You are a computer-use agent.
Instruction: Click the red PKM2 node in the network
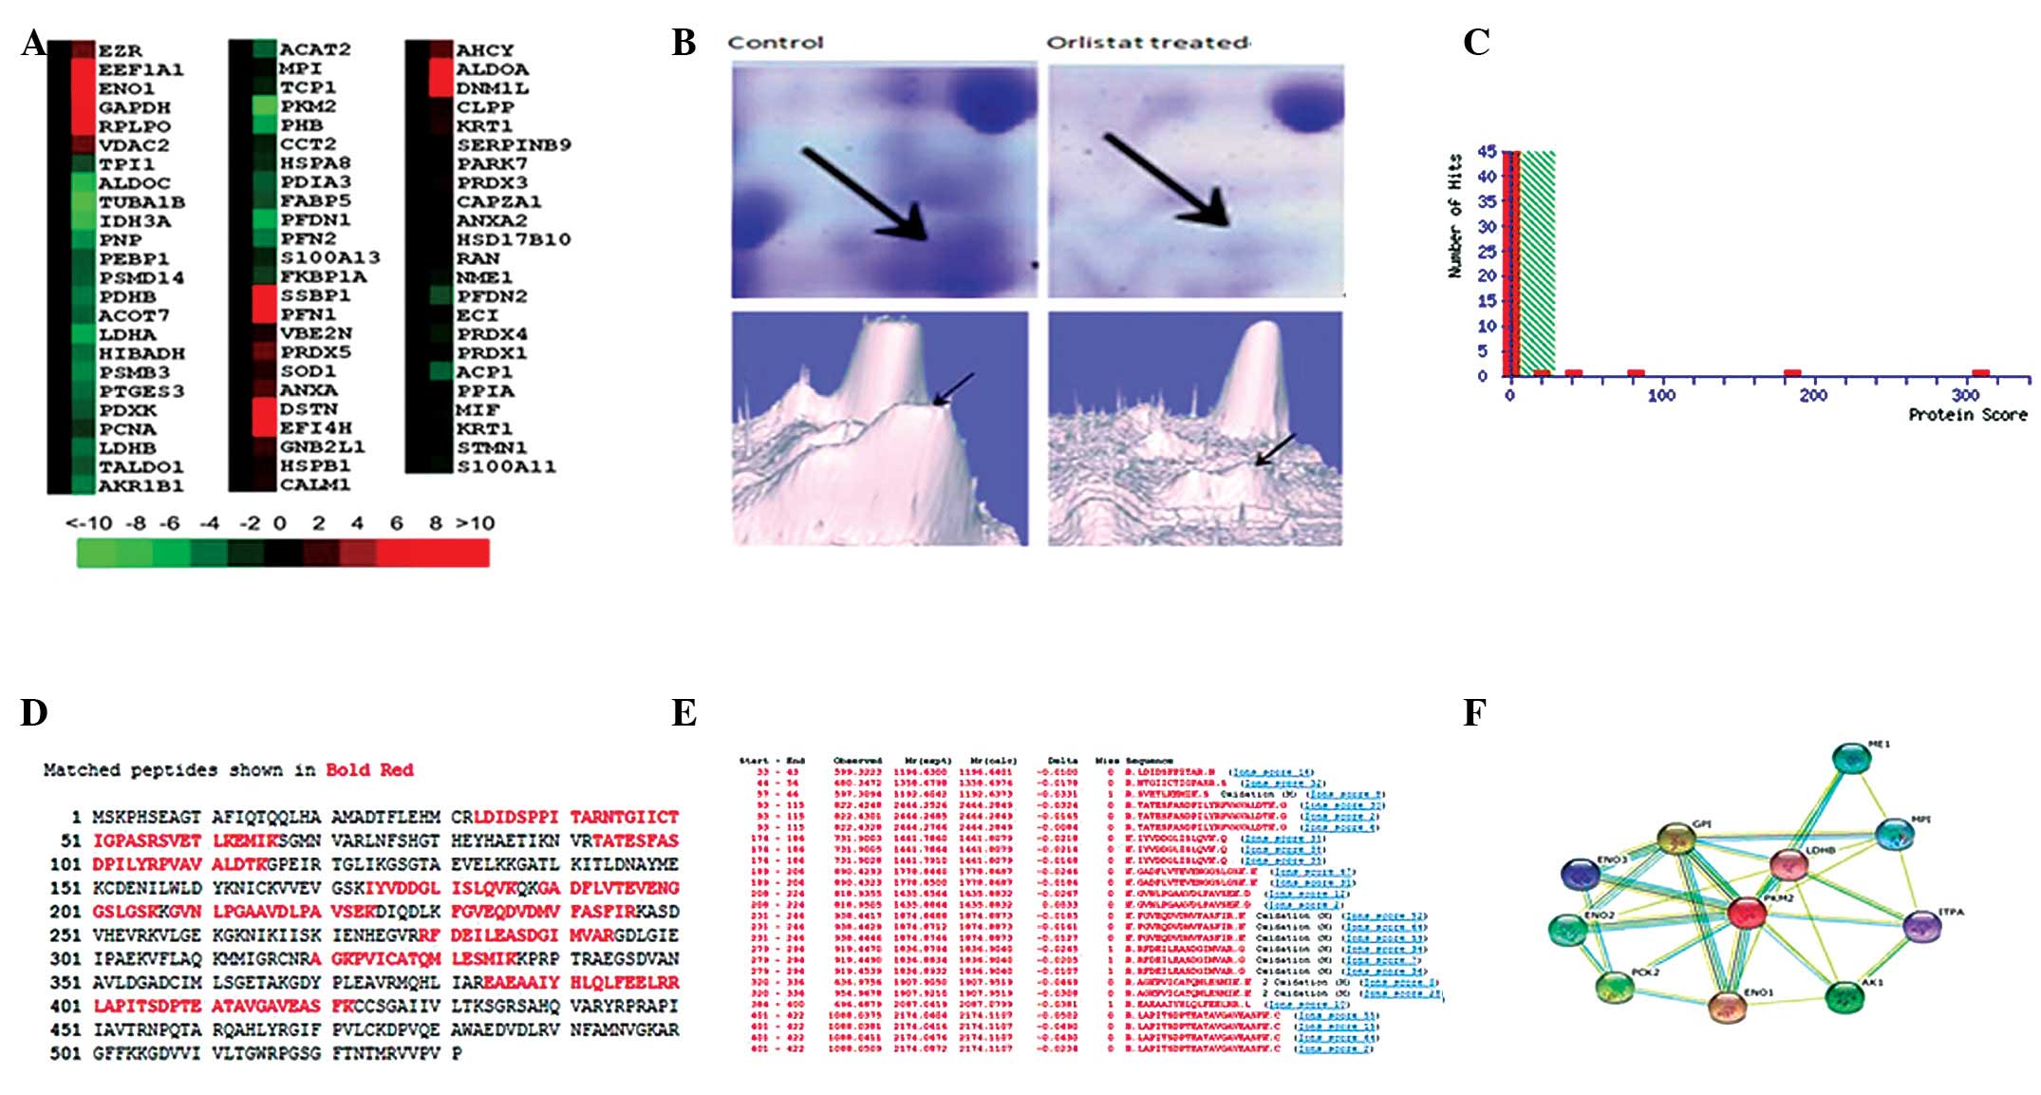pyautogui.click(x=1746, y=913)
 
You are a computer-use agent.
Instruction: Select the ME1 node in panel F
pyautogui.click(x=1850, y=758)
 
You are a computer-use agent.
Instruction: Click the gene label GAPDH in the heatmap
pyautogui.click(x=135, y=107)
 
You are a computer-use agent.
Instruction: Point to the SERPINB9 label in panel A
pyautogui.click(x=514, y=145)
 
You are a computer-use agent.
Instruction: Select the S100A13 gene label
pyautogui.click(x=329, y=257)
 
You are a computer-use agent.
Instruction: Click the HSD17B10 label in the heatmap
pyautogui.click(x=514, y=239)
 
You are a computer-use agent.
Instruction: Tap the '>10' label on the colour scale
pyautogui.click(x=475, y=522)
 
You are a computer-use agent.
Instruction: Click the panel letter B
pyautogui.click(x=683, y=43)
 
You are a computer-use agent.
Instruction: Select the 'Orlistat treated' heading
pyautogui.click(x=1148, y=43)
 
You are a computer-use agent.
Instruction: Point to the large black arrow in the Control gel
pyautogui.click(x=864, y=194)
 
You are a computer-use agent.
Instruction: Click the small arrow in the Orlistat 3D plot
pyautogui.click(x=1275, y=450)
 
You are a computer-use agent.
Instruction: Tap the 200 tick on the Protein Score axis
pyautogui.click(x=1812, y=395)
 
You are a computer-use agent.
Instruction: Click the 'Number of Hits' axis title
pyautogui.click(x=1454, y=217)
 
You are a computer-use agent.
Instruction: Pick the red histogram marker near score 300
pyautogui.click(x=1980, y=373)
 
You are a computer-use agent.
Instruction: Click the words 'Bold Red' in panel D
pyautogui.click(x=369, y=770)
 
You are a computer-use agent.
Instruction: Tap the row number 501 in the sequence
pyautogui.click(x=66, y=1053)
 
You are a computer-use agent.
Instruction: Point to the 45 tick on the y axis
pyautogui.click(x=1487, y=152)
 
